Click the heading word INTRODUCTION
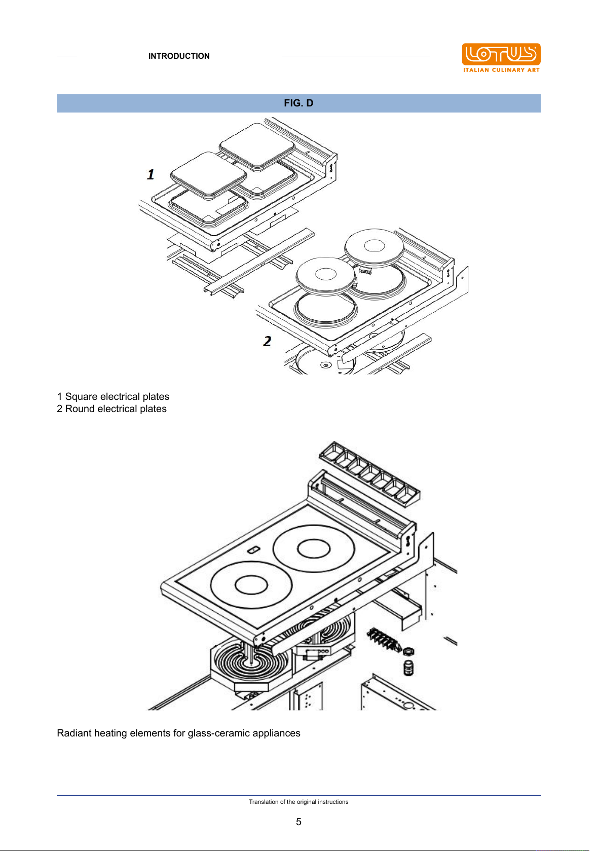click(179, 56)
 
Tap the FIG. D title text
click(298, 103)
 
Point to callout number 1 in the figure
click(151, 174)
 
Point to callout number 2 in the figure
click(267, 341)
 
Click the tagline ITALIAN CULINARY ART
click(501, 70)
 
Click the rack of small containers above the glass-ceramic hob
click(369, 473)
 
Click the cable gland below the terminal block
click(408, 668)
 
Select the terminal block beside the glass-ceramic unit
click(384, 639)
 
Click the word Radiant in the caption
click(74, 733)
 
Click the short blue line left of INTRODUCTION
click(66, 56)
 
